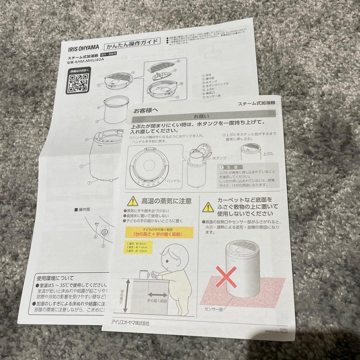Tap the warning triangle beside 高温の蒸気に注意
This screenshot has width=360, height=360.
(133, 201)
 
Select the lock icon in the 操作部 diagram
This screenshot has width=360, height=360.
(104, 232)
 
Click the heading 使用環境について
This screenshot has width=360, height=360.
(56, 278)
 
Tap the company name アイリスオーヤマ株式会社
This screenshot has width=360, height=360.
(130, 323)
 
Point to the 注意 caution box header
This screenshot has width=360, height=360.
(230, 167)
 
